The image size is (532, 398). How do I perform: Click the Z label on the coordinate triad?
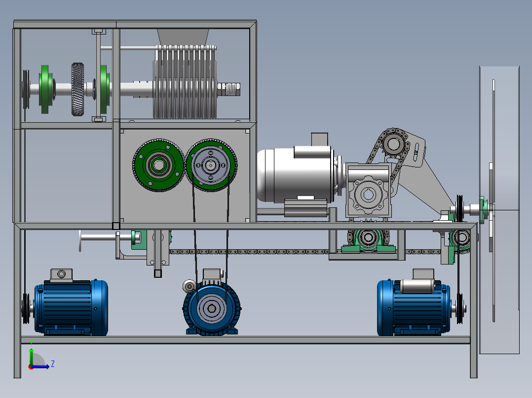(53, 364)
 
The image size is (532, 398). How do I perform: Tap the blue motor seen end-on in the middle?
(212, 306)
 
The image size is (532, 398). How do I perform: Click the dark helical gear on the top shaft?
(77, 89)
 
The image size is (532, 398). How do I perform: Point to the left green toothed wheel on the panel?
(158, 165)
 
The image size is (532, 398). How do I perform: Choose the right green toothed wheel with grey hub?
(211, 165)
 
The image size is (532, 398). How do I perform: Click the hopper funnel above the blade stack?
(183, 37)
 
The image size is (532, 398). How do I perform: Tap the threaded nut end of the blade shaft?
(229, 90)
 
